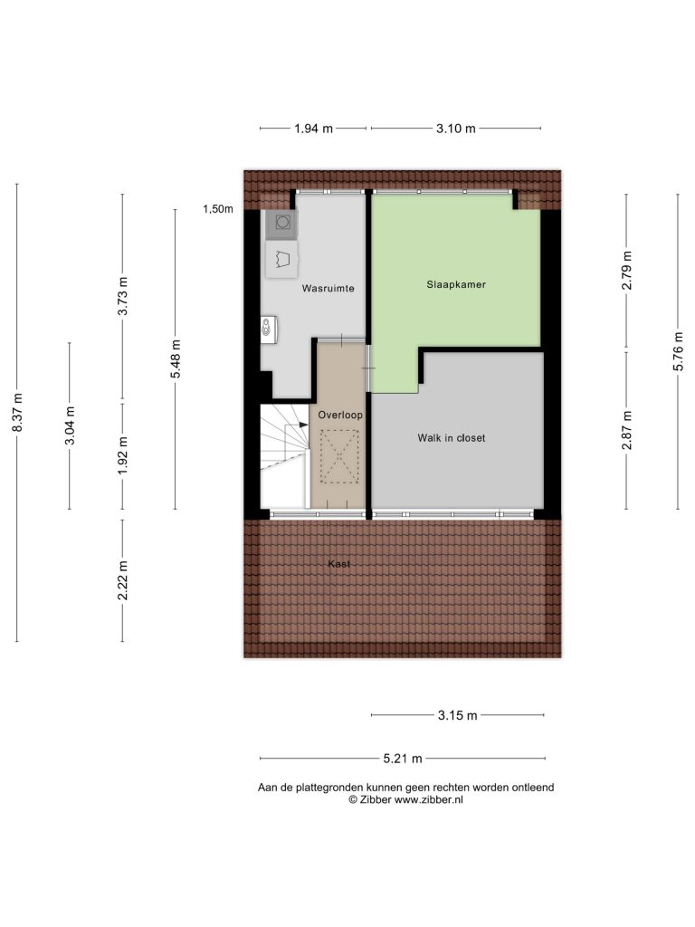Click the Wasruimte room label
point(328,289)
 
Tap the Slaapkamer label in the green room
point(456,284)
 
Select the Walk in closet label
point(452,438)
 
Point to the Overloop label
point(340,415)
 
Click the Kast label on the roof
point(339,564)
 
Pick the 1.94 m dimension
point(314,129)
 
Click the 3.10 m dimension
point(456,129)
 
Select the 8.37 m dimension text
point(17,412)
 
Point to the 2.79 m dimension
point(627,270)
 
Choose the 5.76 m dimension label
point(679,351)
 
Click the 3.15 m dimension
point(457,715)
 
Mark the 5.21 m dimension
point(403,759)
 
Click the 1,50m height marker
point(218,209)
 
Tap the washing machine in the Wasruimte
point(281,225)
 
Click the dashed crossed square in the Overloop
point(339,456)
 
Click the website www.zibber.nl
point(428,799)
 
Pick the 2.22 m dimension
point(123,580)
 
